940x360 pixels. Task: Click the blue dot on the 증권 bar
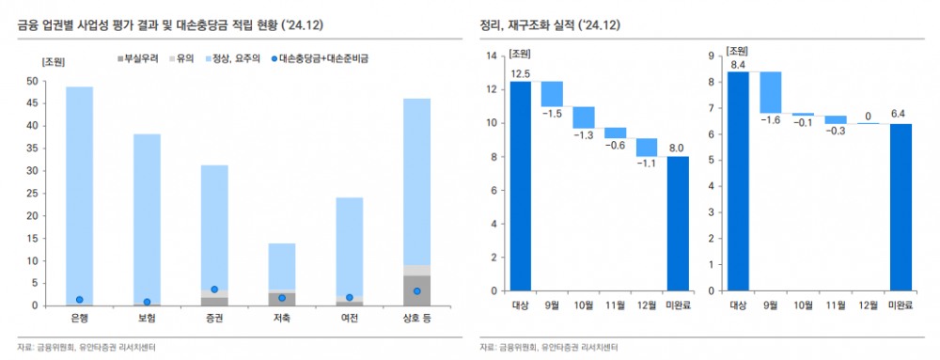point(214,290)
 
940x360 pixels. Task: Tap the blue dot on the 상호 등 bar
point(416,291)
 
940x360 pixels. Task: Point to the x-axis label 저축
point(281,319)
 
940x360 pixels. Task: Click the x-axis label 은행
point(79,319)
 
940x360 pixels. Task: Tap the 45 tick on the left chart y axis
point(33,103)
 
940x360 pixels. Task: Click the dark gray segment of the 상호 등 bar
point(416,290)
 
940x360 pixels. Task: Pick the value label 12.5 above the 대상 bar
point(521,73)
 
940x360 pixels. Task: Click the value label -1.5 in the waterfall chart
point(552,114)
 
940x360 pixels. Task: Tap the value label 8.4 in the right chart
point(737,65)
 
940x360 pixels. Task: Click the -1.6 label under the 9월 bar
point(771,120)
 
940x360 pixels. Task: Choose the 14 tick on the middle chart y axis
point(490,56)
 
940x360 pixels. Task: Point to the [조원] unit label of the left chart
point(54,61)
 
